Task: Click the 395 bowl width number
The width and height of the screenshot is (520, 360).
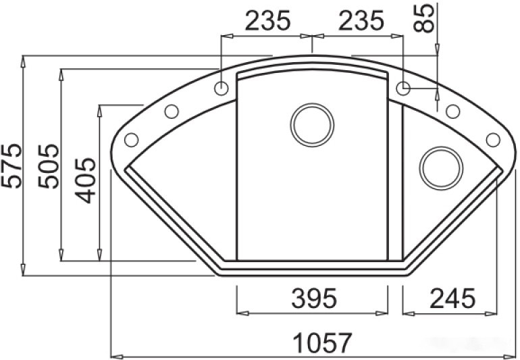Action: tap(311, 297)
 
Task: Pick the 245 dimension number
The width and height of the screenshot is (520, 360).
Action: tap(450, 297)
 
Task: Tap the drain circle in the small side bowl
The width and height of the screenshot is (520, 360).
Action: tap(440, 166)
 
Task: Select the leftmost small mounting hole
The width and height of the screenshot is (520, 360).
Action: tap(131, 140)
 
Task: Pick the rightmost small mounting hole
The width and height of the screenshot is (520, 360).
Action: tap(493, 140)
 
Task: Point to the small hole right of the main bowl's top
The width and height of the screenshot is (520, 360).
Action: tap(403, 88)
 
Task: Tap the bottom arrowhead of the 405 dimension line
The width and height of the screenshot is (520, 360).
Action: tap(100, 259)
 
